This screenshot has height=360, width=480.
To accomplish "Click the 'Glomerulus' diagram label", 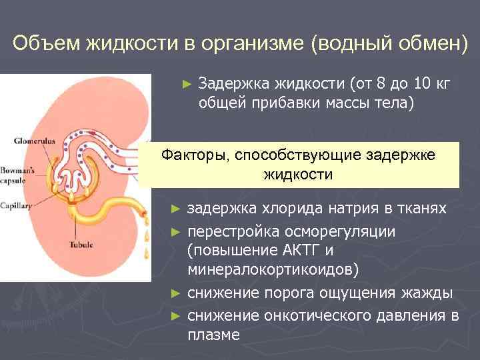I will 32,141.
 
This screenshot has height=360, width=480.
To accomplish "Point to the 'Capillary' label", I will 17,207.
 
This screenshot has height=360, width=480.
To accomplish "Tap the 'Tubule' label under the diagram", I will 81,245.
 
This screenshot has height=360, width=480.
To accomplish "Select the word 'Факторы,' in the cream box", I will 193,155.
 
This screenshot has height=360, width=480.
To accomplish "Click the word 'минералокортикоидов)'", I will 273,270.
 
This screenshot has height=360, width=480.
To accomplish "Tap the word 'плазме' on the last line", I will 213,335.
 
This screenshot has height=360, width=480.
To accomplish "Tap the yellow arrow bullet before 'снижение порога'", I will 175,293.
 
